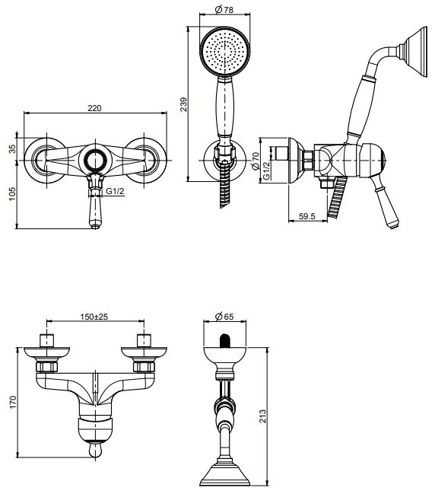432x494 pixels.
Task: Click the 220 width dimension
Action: pos(94,108)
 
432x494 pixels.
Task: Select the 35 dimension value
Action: pos(11,149)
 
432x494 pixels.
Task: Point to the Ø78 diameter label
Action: pos(223,9)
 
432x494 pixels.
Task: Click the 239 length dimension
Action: pos(183,104)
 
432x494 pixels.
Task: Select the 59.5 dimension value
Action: pos(307,217)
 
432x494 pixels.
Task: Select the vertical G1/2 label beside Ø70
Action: pos(265,172)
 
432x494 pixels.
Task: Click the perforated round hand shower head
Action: pos(223,52)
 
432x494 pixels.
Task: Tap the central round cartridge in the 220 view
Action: pos(94,160)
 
